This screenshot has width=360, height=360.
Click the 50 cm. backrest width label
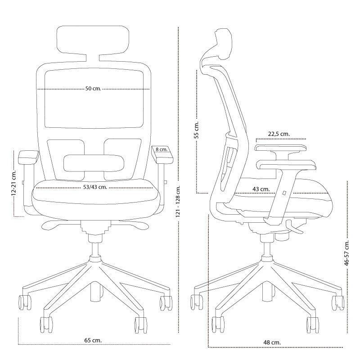[93, 89]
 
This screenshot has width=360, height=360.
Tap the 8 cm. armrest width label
[161, 149]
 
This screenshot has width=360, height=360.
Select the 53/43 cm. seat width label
[94, 187]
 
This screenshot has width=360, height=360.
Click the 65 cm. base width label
[93, 340]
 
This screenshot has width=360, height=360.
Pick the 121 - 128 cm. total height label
[179, 201]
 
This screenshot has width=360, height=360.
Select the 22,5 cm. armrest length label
[279, 134]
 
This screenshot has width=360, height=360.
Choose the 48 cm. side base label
[272, 342]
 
